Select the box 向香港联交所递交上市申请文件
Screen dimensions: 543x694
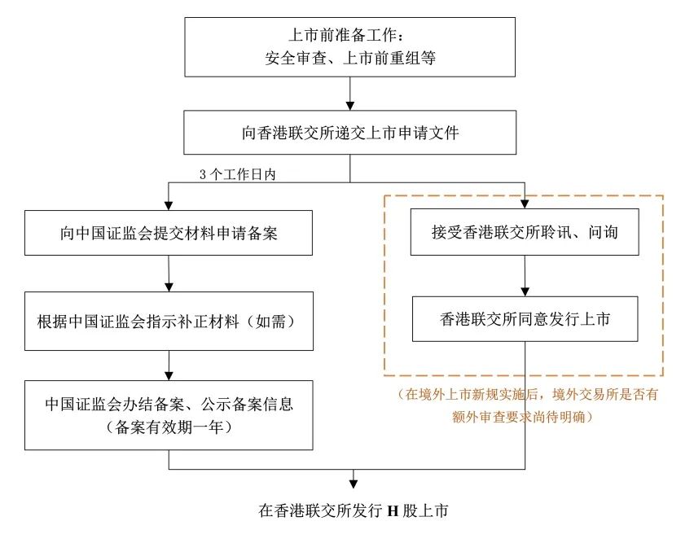pyautogui.click(x=350, y=132)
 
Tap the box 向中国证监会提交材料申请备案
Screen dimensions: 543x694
pyautogui.click(x=169, y=233)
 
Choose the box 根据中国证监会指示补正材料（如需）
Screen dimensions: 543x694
pyautogui.click(x=169, y=320)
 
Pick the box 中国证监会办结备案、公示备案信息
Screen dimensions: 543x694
pyautogui.click(x=169, y=414)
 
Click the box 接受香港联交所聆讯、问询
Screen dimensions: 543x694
pyautogui.click(x=525, y=233)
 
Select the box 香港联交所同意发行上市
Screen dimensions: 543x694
pyautogui.click(x=525, y=319)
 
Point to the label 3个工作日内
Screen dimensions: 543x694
pyautogui.click(x=244, y=174)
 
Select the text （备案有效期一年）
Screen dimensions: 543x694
pyautogui.click(x=169, y=427)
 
